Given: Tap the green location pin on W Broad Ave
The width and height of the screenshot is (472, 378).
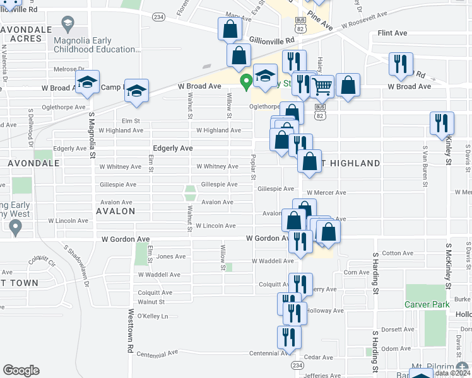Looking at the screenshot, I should click(245, 81).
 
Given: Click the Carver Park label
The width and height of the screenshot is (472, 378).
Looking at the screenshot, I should click(427, 305).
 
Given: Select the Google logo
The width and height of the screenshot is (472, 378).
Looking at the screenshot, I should click(21, 370).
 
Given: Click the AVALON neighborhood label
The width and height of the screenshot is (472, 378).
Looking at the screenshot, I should click(115, 211).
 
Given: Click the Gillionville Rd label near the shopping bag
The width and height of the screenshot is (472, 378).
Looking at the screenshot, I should click(272, 39).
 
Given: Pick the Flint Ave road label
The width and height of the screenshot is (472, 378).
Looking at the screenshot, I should click(392, 33).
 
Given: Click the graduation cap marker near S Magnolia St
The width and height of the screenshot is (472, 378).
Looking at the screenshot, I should click(87, 83).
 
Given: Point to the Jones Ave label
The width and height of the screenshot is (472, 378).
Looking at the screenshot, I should click(171, 256).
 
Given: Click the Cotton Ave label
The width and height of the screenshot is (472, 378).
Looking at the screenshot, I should click(398, 253).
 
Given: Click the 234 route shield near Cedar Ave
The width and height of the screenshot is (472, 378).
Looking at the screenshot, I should click(297, 365).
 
